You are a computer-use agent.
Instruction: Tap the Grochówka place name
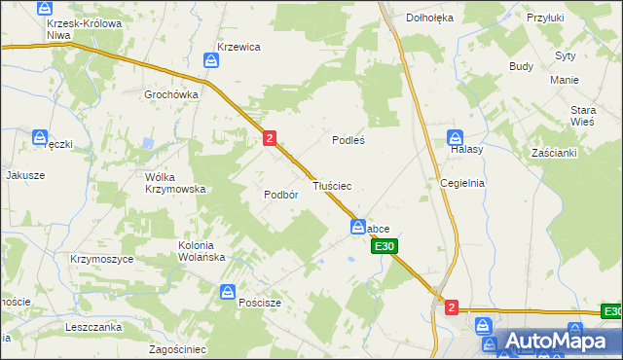coord(171,94)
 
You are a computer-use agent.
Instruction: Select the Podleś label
coord(348,139)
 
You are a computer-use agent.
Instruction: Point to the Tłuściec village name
coord(331,184)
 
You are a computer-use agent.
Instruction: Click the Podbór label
coord(279,194)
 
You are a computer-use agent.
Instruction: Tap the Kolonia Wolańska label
coord(202,251)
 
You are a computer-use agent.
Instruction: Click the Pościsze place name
coord(260,303)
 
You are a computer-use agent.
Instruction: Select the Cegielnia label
coord(461,182)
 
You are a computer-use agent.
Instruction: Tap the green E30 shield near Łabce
coord(384,247)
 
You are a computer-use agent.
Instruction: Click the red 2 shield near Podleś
coord(269,139)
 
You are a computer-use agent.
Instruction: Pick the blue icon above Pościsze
coord(228,290)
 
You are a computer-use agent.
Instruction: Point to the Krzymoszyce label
coord(100,259)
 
